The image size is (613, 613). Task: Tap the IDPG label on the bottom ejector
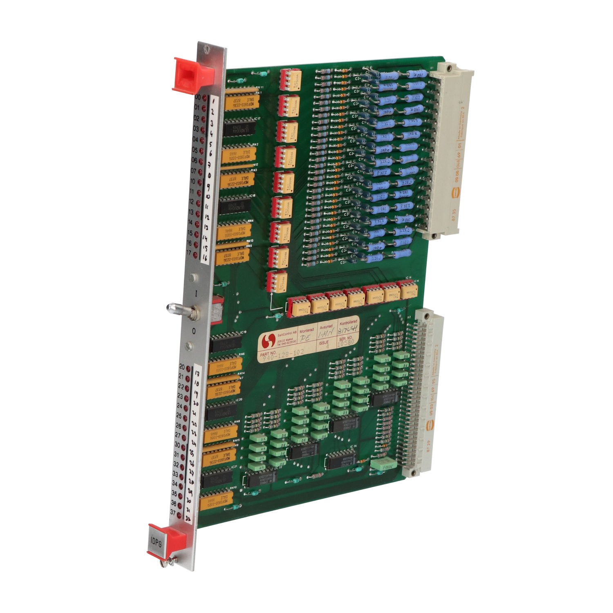click(156, 543)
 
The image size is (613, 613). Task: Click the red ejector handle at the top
click(192, 75)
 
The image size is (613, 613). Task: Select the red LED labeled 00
click(204, 98)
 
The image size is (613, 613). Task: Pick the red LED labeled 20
click(188, 369)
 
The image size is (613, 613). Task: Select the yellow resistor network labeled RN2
click(239, 155)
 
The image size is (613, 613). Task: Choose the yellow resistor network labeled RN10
click(217, 501)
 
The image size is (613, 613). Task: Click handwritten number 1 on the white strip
click(213, 100)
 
